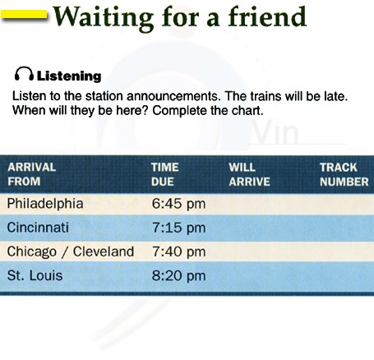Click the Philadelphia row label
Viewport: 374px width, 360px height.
point(45,204)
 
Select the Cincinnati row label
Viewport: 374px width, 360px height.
point(38,228)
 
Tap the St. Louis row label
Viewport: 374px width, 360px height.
point(35,275)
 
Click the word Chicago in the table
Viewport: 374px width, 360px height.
point(32,252)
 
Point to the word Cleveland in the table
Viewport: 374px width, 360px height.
point(104,252)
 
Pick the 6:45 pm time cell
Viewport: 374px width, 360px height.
point(178,204)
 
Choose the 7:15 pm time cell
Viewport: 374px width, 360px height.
point(178,228)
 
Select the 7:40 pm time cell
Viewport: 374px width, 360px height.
point(178,252)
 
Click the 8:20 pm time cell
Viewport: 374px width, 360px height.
point(178,275)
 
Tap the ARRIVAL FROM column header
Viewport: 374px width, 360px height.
point(32,174)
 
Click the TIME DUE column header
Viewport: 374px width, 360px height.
point(165,174)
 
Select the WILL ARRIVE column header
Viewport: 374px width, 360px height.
point(249,174)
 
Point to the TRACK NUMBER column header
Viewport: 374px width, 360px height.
point(344,174)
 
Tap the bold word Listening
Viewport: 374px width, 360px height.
point(69,76)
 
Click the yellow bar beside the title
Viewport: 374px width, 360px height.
point(24,15)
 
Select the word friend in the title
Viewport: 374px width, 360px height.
point(267,16)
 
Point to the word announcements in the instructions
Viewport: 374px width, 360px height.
point(173,96)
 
